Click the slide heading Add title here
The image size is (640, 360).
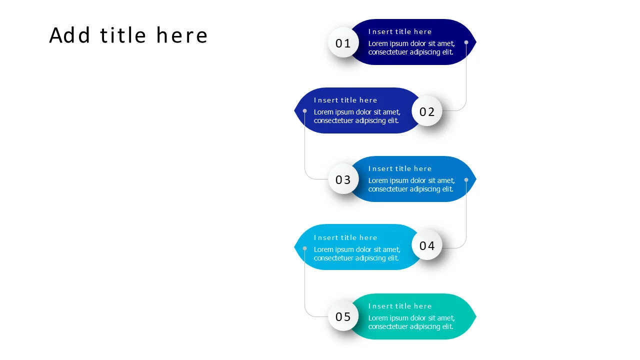point(128,35)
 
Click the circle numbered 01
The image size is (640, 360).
point(343,43)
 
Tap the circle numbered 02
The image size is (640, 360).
point(427,111)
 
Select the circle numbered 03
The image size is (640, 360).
point(343,179)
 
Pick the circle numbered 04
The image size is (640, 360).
point(427,245)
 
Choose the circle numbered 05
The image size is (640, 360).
point(343,316)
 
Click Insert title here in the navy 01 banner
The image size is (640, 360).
point(400,31)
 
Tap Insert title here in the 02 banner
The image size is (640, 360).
point(345,100)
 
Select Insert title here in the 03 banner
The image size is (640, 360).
point(400,168)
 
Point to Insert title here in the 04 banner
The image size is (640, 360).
point(345,237)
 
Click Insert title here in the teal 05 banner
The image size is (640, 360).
point(400,306)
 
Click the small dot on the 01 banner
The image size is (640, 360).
point(466,42)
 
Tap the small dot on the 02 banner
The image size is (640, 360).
point(304,110)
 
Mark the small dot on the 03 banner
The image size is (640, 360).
point(466,179)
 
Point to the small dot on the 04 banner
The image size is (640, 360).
point(304,248)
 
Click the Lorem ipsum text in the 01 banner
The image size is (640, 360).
point(411,48)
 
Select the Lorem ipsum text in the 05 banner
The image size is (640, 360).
point(411,322)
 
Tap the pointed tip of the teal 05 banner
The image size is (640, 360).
point(475,316)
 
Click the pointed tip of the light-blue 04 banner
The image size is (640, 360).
point(295,247)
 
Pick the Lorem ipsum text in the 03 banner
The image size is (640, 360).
point(411,185)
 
